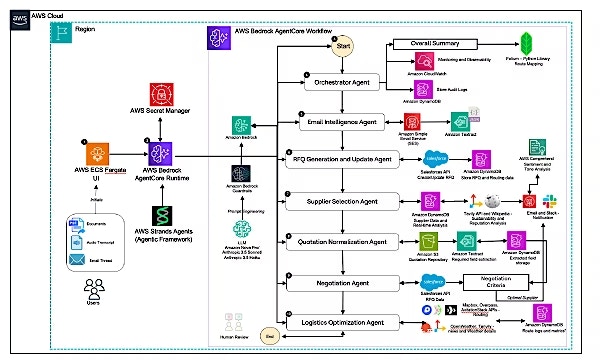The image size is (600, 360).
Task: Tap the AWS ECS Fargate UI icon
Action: [97, 154]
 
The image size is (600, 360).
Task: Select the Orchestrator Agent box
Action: [346, 83]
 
